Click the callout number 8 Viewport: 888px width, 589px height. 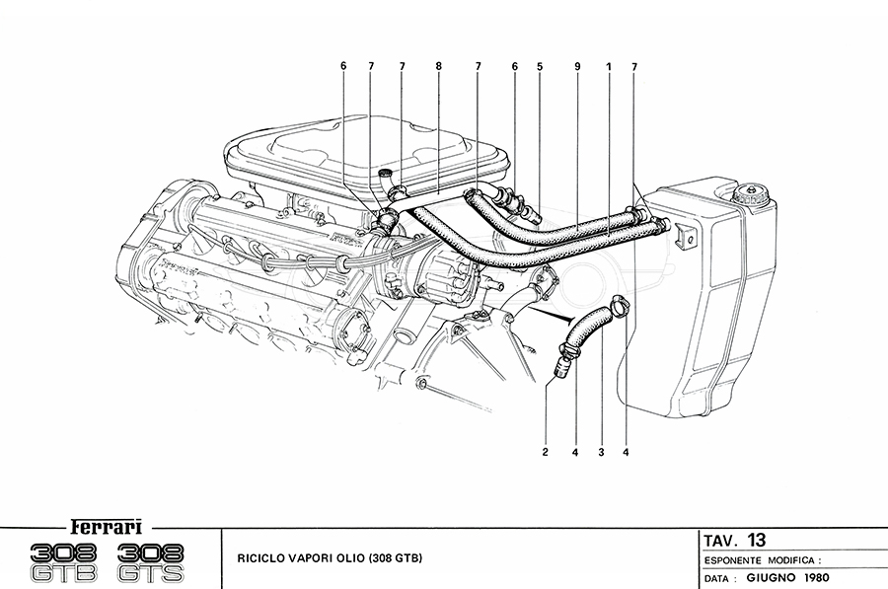(x=438, y=66)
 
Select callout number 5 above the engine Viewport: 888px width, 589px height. (x=540, y=66)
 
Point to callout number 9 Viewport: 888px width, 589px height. (x=576, y=66)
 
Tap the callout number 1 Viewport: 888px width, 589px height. (x=610, y=66)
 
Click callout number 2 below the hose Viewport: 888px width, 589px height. (x=544, y=453)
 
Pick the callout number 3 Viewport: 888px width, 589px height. (x=600, y=453)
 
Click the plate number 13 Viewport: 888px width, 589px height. (x=756, y=540)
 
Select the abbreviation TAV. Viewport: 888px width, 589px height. (x=719, y=541)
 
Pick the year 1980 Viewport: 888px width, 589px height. (x=817, y=578)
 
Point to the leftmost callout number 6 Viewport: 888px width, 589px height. (x=343, y=66)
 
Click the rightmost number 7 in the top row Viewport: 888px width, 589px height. (x=634, y=66)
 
